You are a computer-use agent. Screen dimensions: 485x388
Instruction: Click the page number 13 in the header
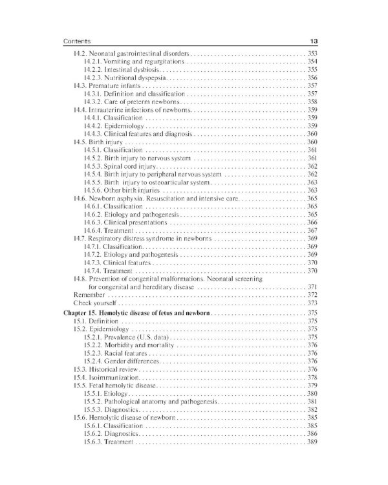312,41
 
